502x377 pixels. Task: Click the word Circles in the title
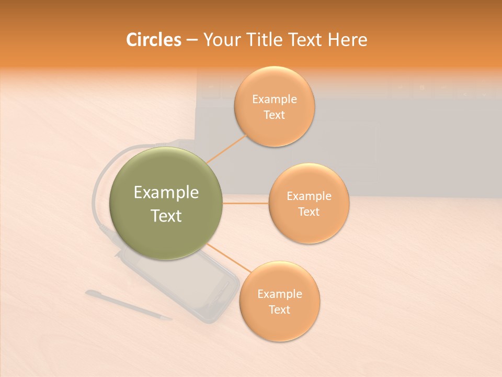click(153, 40)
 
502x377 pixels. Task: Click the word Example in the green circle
click(166, 193)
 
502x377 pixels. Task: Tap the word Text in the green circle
click(166, 216)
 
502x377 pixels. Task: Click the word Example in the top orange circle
click(275, 99)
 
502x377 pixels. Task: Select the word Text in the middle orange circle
click(309, 212)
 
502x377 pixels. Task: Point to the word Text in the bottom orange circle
click(280, 309)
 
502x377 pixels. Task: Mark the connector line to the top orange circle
click(227, 148)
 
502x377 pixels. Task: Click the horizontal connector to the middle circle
click(245, 203)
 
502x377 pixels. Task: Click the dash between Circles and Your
click(192, 40)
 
